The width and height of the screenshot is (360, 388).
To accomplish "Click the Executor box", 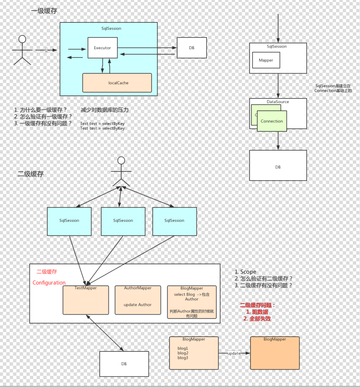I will tap(102, 48).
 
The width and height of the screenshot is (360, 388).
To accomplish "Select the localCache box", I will tap(117, 83).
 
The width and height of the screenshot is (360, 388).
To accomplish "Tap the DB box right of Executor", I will tap(191, 48).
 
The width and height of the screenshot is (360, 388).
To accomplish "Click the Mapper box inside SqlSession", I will tap(266, 60).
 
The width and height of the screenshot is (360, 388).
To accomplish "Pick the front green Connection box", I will tap(272, 121).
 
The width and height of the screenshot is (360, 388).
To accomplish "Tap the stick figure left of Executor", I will tap(22, 50).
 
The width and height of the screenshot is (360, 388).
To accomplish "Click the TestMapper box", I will tap(86, 300).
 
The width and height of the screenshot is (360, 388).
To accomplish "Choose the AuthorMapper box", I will tap(138, 300).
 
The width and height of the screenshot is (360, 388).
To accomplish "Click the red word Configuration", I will tap(49, 283).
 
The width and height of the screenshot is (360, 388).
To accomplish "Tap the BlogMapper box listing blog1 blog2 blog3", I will tap(193, 353).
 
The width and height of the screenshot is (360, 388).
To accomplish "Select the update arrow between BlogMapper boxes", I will tap(234, 353).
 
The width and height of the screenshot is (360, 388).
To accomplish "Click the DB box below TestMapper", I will tap(124, 364).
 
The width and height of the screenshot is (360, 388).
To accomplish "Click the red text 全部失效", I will tap(257, 319).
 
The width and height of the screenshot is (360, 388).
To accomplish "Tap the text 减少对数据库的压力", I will tap(105, 110).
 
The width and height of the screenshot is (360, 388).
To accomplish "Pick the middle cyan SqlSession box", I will tap(123, 221).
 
